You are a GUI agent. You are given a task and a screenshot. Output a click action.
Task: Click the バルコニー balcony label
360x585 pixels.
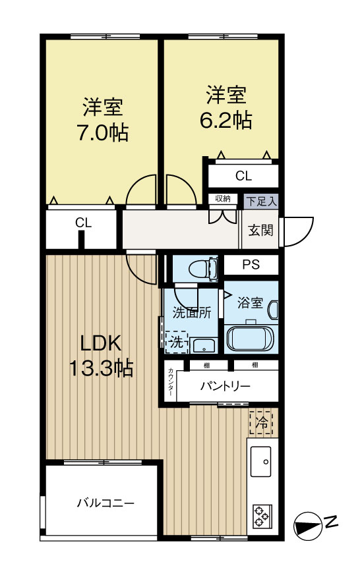click(105, 503)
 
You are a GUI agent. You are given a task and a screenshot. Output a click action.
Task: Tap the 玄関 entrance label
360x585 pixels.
click(260, 230)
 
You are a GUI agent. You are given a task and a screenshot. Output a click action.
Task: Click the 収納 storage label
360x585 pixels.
click(222, 199)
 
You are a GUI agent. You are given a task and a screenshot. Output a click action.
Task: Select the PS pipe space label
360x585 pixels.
click(250, 265)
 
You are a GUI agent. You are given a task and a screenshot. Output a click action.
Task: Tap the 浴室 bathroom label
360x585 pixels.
click(250, 303)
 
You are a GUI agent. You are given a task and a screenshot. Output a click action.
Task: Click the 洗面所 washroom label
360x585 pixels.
click(192, 313)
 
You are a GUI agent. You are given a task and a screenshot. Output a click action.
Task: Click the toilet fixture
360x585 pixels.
click(201, 269)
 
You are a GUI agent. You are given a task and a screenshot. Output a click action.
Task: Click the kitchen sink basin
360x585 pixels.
click(262, 461)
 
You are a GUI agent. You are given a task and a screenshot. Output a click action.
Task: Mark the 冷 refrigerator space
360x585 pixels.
click(262, 422)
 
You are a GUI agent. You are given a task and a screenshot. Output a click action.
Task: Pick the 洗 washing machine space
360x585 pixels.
click(176, 342)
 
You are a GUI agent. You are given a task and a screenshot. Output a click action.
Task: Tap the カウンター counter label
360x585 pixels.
click(171, 381)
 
